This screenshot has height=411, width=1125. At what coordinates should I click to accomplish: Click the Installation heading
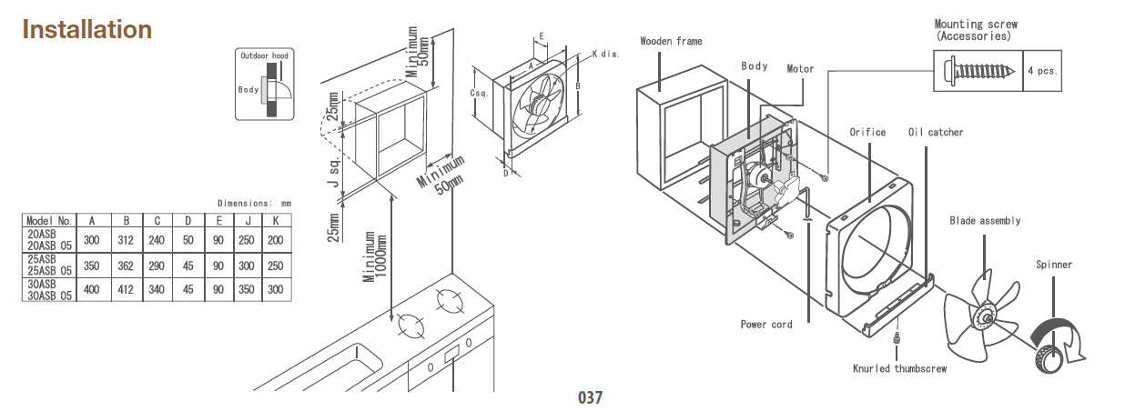click(x=86, y=29)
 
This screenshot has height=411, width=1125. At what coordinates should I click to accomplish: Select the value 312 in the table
click(x=128, y=239)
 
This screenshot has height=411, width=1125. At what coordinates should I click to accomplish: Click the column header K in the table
click(x=274, y=219)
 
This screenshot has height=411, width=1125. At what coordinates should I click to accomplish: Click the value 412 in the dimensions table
click(x=128, y=290)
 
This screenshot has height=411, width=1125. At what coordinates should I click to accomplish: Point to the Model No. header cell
click(x=49, y=219)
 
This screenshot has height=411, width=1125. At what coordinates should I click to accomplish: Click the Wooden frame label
click(x=671, y=41)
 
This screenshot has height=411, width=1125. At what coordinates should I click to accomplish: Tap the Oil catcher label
click(x=935, y=132)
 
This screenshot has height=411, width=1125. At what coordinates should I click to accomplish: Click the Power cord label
click(x=765, y=324)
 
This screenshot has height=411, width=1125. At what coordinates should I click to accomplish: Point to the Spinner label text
click(x=1053, y=265)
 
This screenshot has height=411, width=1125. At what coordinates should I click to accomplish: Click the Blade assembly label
click(x=985, y=220)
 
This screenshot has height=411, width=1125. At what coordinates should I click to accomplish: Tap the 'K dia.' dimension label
click(x=605, y=54)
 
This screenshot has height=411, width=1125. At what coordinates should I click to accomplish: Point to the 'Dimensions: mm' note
click(x=254, y=203)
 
